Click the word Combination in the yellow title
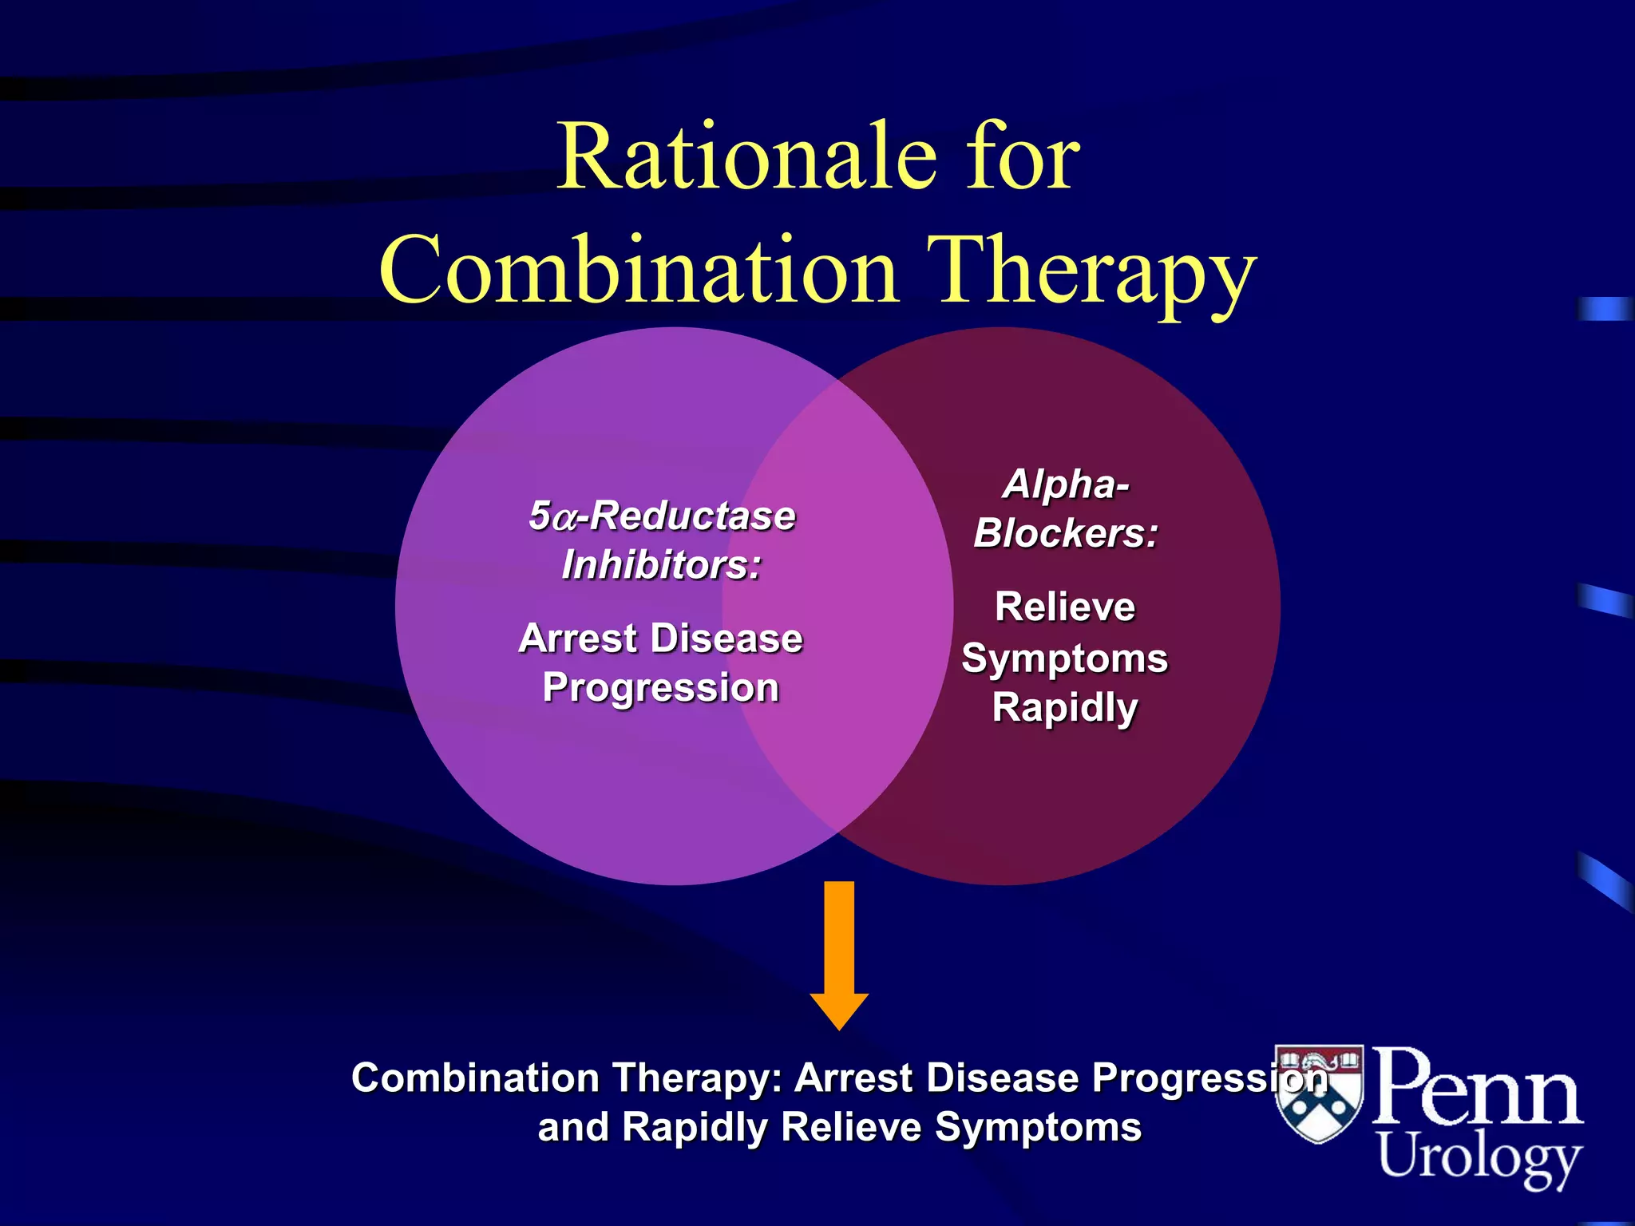(639, 271)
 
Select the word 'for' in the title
(1023, 157)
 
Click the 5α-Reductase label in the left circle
(662, 516)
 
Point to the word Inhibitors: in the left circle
(662, 566)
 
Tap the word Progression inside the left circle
(661, 688)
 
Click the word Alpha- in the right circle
(1067, 484)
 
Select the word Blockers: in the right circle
(1066, 533)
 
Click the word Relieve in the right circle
(1065, 607)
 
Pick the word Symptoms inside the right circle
(1065, 659)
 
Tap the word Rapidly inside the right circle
(1065, 708)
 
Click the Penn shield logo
(1319, 1094)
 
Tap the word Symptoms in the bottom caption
(1038, 1128)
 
